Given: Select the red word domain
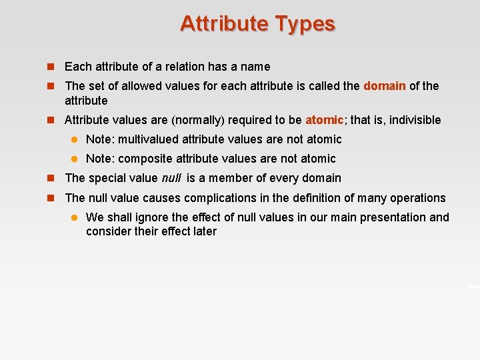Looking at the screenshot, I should click(385, 86).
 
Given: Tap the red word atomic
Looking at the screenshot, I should click(324, 120).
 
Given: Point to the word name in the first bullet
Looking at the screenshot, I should click(256, 67).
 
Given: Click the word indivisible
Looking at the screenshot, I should click(415, 120).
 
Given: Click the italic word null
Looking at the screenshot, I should click(172, 178).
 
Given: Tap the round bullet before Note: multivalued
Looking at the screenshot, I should click(75, 139).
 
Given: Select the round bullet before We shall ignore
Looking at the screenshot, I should click(75, 217).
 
